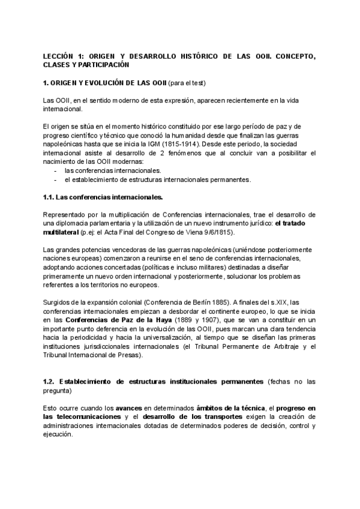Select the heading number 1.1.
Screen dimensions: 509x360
(x=52, y=197)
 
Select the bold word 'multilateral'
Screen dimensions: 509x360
(x=62, y=232)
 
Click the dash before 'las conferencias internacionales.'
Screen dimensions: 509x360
(x=55, y=170)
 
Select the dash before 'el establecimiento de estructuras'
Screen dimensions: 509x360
(x=55, y=179)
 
